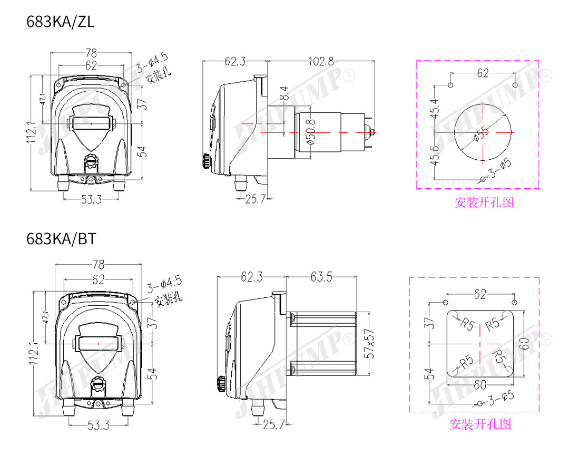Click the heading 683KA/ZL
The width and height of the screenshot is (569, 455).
[x=60, y=22]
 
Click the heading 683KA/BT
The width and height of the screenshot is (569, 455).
[x=61, y=239]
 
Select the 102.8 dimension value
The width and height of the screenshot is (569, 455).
[x=321, y=61]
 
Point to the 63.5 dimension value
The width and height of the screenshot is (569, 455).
[x=321, y=277]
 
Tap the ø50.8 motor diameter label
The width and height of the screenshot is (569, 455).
[x=311, y=132]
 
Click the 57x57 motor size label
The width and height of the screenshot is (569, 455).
[x=369, y=344]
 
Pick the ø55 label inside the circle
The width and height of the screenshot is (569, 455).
[x=481, y=134]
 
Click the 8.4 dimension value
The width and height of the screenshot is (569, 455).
[x=284, y=93]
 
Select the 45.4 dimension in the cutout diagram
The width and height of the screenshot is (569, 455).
[x=434, y=109]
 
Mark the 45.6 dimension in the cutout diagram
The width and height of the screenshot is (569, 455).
[x=434, y=155]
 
